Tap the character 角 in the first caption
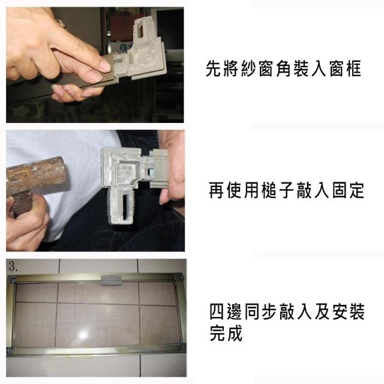click(x=284, y=69)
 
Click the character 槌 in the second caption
click(x=269, y=190)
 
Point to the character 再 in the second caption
click(x=217, y=190)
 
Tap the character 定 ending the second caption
click(x=357, y=190)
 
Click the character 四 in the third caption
click(x=217, y=311)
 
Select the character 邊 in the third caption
click(x=235, y=311)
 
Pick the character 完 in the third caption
click(x=217, y=333)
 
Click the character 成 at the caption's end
click(x=235, y=333)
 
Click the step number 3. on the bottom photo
click(x=13, y=266)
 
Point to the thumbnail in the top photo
click(x=106, y=65)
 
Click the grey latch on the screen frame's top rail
click(x=111, y=280)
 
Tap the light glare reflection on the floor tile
click(x=83, y=334)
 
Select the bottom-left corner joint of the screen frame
click(x=10, y=350)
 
